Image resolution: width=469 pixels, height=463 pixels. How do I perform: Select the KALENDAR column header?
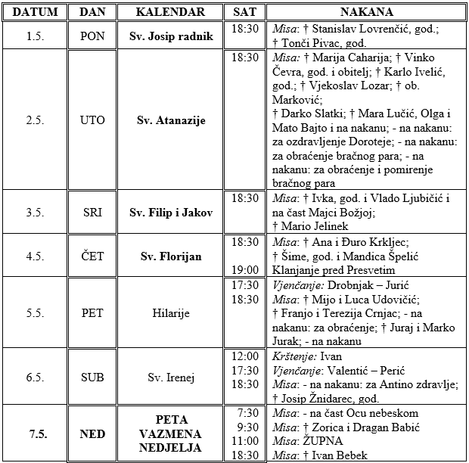pyautogui.click(x=171, y=13)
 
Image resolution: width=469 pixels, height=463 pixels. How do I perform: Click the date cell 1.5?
pyautogui.click(x=33, y=36)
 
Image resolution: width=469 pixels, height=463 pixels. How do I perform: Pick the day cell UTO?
pyautogui.click(x=93, y=120)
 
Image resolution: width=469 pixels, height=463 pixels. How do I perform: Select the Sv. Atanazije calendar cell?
pyautogui.click(x=171, y=120)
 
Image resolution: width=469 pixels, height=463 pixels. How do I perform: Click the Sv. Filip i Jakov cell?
pyautogui.click(x=171, y=213)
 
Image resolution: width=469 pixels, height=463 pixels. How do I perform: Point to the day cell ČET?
pyautogui.click(x=93, y=256)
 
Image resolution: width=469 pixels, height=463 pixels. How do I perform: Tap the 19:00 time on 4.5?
pyautogui.click(x=245, y=269)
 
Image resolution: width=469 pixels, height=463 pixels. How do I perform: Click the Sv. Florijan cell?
pyautogui.click(x=171, y=256)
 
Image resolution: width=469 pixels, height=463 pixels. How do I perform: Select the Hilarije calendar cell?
pyautogui.click(x=171, y=313)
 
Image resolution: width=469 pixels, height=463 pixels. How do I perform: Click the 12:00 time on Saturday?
pyautogui.click(x=245, y=356)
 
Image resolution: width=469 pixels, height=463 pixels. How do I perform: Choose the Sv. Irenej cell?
pyautogui.click(x=171, y=377)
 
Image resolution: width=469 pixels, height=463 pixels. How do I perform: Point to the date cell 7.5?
pyautogui.click(x=33, y=433)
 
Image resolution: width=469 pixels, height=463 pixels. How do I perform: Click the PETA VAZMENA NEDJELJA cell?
pyautogui.click(x=171, y=433)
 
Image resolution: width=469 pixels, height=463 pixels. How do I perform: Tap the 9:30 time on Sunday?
pyautogui.click(x=245, y=427)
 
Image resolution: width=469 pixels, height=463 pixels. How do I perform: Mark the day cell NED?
pyautogui.click(x=93, y=433)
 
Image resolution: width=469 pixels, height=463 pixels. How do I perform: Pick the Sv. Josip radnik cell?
pyautogui.click(x=171, y=36)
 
